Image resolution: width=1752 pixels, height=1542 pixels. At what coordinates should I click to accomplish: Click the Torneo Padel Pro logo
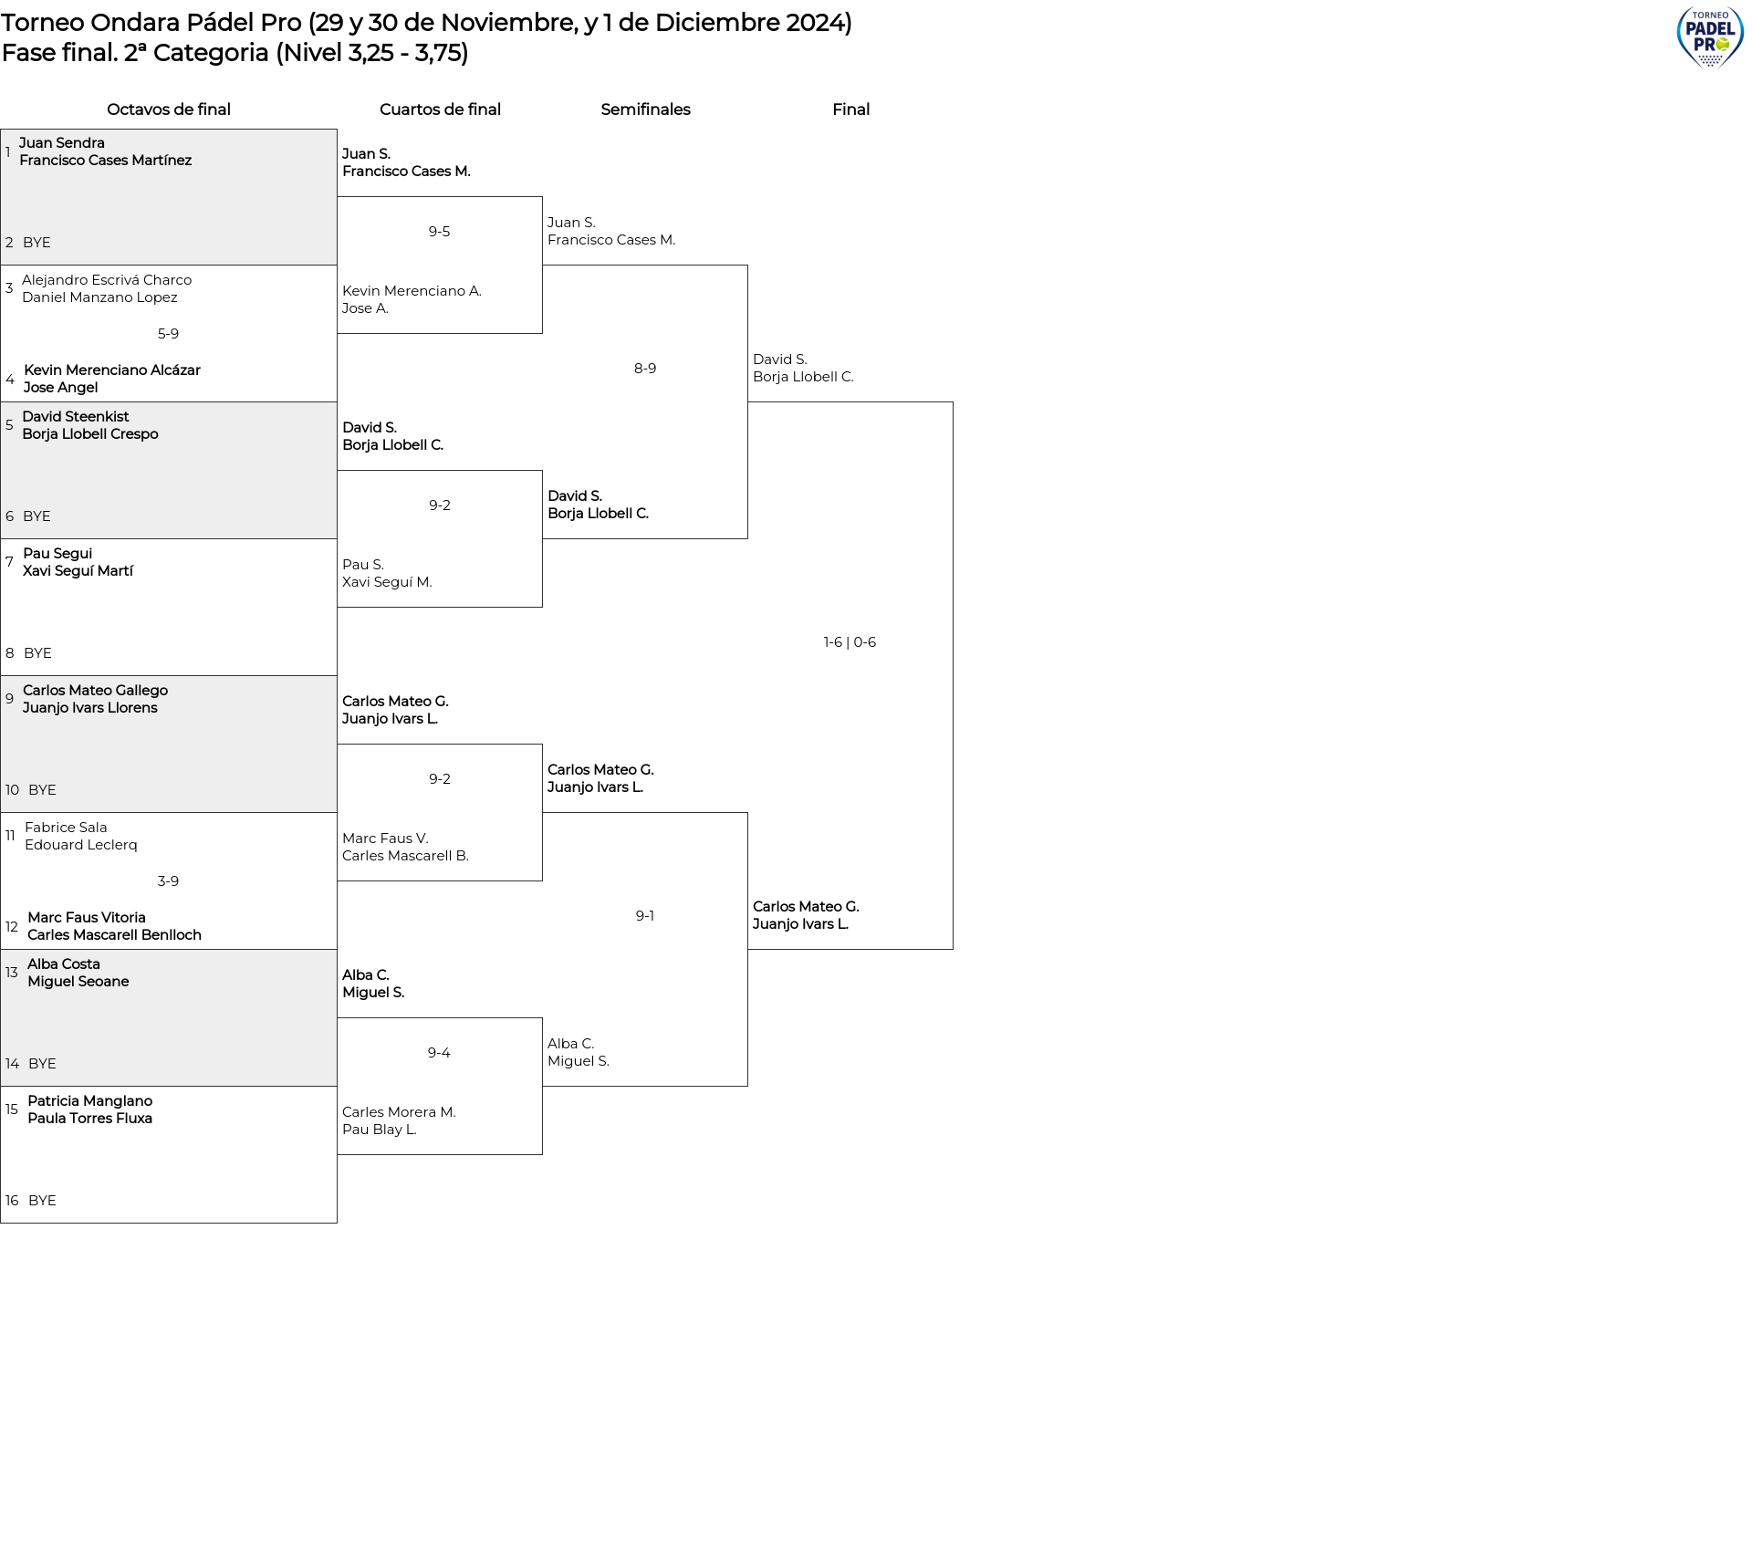[x=1710, y=37]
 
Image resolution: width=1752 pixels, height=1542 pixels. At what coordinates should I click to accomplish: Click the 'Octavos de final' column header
[x=169, y=109]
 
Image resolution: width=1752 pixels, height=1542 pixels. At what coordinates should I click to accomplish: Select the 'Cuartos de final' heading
[x=440, y=109]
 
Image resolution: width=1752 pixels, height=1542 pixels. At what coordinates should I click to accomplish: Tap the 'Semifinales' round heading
[x=645, y=109]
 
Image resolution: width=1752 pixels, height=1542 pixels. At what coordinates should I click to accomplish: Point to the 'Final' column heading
[x=850, y=109]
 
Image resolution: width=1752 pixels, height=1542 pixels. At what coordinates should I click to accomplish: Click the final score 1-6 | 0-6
[x=850, y=642]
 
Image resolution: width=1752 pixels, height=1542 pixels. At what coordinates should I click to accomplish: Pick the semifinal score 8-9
[x=645, y=369]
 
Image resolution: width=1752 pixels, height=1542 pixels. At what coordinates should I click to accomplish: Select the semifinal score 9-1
[x=645, y=916]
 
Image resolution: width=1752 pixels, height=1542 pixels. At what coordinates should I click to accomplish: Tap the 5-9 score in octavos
[x=168, y=334]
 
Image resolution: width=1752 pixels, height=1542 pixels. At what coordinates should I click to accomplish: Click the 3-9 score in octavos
[x=168, y=881]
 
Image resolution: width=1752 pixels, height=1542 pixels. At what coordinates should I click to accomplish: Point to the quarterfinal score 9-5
[x=439, y=232]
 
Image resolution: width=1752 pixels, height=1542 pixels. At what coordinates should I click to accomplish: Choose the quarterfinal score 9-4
[x=439, y=1053]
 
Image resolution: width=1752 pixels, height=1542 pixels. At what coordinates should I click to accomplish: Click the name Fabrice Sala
[x=66, y=828]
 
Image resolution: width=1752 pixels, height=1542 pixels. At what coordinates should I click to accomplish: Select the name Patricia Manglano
[x=89, y=1101]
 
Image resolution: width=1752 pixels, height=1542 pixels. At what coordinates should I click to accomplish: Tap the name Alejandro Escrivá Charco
[x=107, y=280]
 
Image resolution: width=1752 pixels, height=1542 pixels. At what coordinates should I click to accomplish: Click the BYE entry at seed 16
[x=42, y=1201]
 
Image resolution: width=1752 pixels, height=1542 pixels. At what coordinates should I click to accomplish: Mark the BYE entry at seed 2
[x=36, y=243]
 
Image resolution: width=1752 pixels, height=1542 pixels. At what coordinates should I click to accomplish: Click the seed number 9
[x=9, y=699]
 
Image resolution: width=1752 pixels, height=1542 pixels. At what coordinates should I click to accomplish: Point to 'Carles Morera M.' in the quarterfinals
[x=399, y=1112]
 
